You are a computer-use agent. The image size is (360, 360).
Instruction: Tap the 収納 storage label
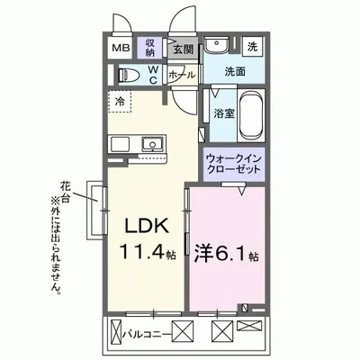pyautogui.click(x=151, y=46)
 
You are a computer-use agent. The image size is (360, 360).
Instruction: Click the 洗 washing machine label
pyautogui.click(x=253, y=46)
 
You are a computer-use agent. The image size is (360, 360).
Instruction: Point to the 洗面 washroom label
pyautogui.click(x=236, y=71)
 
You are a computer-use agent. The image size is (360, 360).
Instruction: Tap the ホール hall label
pyautogui.click(x=182, y=75)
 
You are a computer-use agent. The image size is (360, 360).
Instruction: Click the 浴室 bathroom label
pyautogui.click(x=223, y=114)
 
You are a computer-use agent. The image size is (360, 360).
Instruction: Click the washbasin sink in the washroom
pyautogui.click(x=217, y=46)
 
